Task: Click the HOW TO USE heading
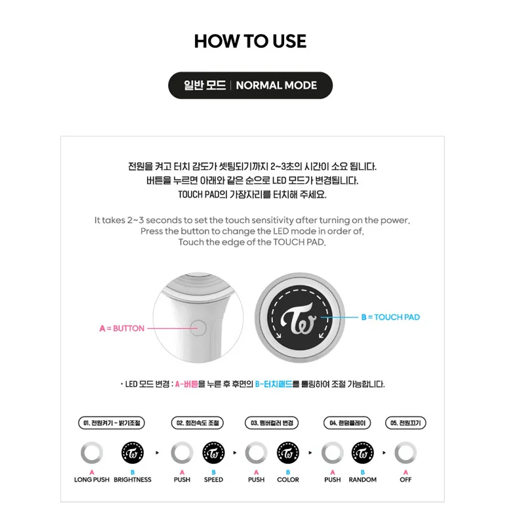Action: pyautogui.click(x=250, y=41)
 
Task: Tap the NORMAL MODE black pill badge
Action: pyautogui.click(x=250, y=85)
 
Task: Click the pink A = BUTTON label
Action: pyautogui.click(x=121, y=328)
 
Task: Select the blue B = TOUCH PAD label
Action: pyautogui.click(x=390, y=317)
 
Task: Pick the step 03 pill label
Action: pyautogui.click(x=272, y=423)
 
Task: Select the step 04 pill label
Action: pyautogui.click(x=348, y=423)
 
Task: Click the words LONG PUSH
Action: pyautogui.click(x=92, y=480)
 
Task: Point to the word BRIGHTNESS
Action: pyautogui.click(x=133, y=480)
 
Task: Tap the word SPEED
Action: pyautogui.click(x=213, y=480)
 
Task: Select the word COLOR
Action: pyautogui.click(x=288, y=480)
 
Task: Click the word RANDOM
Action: pyautogui.click(x=363, y=480)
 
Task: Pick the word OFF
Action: pyautogui.click(x=406, y=480)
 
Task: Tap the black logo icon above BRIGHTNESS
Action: pyautogui.click(x=133, y=453)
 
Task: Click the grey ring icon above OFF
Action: pyautogui.click(x=406, y=453)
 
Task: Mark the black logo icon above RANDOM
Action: pyautogui.click(x=363, y=453)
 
